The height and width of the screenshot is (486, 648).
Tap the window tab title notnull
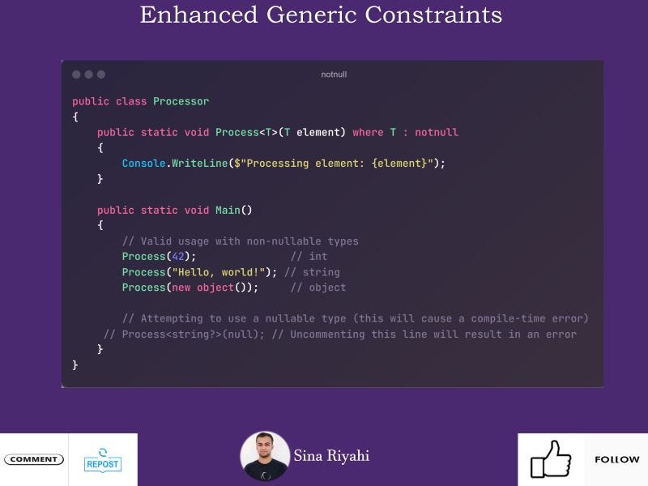click(x=334, y=75)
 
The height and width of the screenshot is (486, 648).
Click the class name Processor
click(x=181, y=101)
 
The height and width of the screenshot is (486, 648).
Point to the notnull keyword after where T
click(x=437, y=132)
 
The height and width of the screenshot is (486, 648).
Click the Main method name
click(x=228, y=210)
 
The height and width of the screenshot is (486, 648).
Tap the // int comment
click(x=309, y=256)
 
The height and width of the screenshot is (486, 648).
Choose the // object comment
click(x=318, y=288)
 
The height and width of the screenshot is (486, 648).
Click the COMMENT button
click(x=33, y=459)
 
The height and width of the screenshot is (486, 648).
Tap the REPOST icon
click(x=102, y=459)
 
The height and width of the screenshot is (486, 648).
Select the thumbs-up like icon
click(x=551, y=459)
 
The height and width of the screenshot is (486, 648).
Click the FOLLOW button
click(x=616, y=459)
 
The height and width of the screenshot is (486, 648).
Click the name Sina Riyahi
click(x=331, y=456)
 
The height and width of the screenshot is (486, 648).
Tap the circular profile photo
click(x=265, y=456)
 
